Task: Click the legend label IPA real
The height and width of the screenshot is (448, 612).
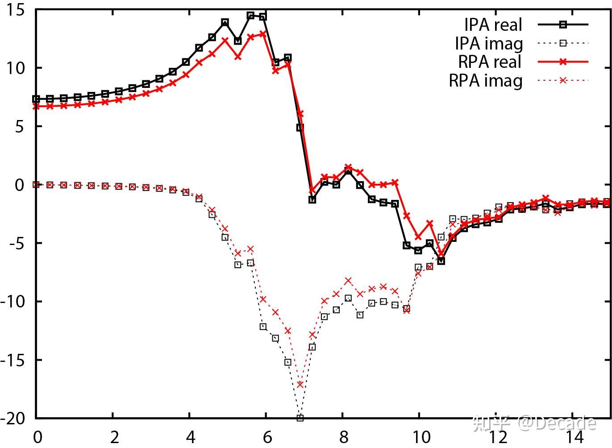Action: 492,25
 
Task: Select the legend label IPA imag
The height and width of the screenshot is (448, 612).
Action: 488,44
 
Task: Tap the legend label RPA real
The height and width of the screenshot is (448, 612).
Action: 490,62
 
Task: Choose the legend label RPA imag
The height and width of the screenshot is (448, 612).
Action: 485,81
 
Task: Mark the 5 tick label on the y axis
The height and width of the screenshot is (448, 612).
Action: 19,127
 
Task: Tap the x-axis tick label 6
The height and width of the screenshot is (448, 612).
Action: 267,437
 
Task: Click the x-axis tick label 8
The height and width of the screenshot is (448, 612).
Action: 343,437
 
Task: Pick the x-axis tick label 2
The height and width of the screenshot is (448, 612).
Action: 114,437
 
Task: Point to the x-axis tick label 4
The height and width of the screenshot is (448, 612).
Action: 191,437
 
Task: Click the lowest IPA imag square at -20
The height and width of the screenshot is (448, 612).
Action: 300,418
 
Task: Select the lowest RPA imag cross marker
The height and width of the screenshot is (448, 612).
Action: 300,384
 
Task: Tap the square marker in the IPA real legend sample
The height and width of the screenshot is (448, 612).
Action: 563,25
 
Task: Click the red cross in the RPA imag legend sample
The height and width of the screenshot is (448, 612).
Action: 563,80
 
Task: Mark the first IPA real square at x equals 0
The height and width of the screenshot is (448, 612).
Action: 36,99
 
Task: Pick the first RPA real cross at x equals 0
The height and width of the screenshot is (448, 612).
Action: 36,107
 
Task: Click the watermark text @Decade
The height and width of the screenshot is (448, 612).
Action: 557,423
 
